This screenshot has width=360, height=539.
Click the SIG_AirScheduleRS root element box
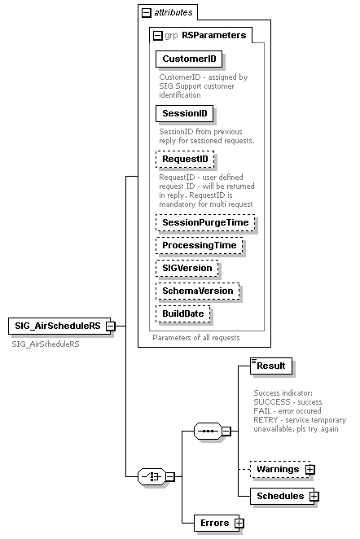click(56, 326)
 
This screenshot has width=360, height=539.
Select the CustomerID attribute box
click(189, 59)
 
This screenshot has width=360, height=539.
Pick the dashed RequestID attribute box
click(184, 159)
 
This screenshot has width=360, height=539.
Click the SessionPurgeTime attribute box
click(205, 222)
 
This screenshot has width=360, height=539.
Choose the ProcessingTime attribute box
click(199, 245)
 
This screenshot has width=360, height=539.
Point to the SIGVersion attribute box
click(188, 268)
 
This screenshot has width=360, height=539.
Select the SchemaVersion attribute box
click(198, 291)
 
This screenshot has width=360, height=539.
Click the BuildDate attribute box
click(183, 313)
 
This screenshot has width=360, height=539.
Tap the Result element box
click(270, 366)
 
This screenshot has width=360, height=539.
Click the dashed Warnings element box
click(274, 470)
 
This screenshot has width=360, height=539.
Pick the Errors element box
click(212, 523)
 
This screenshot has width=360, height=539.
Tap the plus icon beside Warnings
click(310, 470)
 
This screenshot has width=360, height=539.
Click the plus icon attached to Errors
click(239, 524)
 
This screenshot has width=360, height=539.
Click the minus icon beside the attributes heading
click(146, 12)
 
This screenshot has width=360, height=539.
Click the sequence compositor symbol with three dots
click(209, 431)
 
